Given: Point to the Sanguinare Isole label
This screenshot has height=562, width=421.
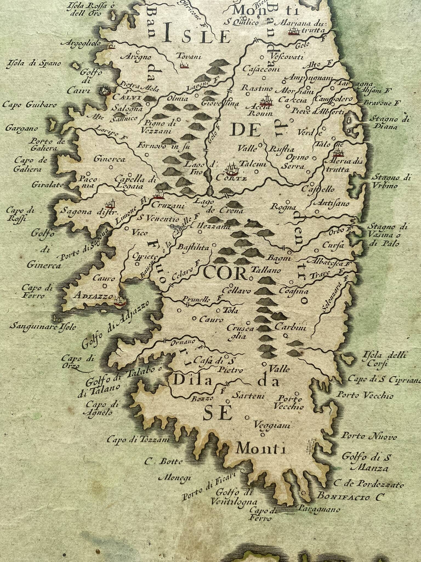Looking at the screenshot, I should click(x=42, y=327).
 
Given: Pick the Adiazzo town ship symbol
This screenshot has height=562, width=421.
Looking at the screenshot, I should click(x=120, y=301).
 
